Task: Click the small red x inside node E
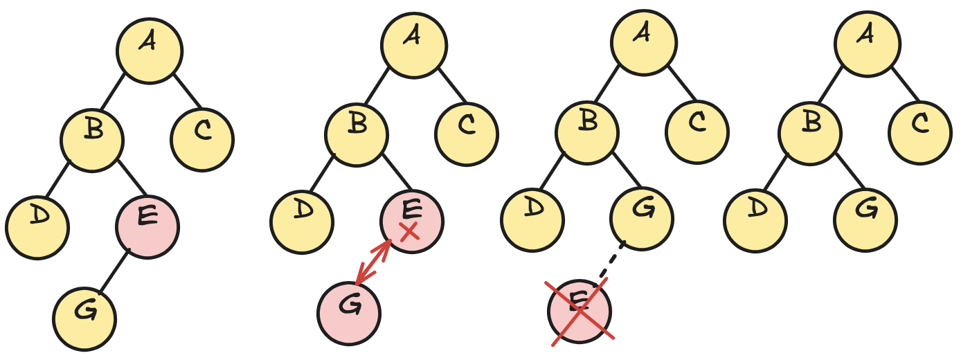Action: pyautogui.click(x=409, y=232)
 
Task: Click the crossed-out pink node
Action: pyautogui.click(x=580, y=312)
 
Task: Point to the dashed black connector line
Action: pyautogui.click(x=611, y=262)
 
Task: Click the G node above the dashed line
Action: pyautogui.click(x=641, y=219)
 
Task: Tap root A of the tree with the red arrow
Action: pyautogui.click(x=414, y=46)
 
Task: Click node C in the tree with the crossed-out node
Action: pyautogui.click(x=697, y=132)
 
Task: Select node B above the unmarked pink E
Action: pyautogui.click(x=92, y=141)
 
